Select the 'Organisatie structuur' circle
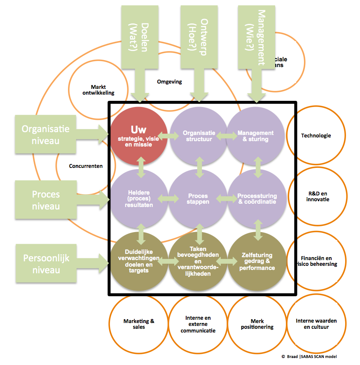pos(199,135)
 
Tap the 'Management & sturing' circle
pos(255,135)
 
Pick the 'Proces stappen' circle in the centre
pos(199,198)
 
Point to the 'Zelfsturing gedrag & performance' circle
pos(257,261)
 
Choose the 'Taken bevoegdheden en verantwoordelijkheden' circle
pos(199,261)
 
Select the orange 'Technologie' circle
pos(316,135)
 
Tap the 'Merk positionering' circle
pos(257,324)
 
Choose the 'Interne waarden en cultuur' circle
pos(316,324)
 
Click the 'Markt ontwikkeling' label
pos(98,90)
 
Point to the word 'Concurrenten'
pos(86,166)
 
